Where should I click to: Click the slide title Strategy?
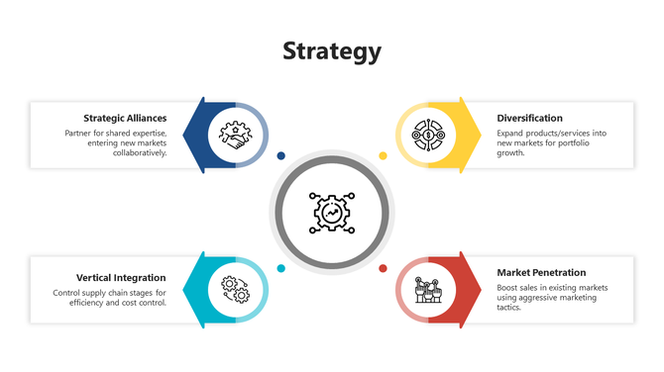331,51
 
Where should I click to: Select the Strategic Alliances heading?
124,119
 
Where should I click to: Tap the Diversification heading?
529,119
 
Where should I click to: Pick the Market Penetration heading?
541,272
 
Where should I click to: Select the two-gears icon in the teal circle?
235,289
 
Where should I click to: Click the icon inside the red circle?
428,289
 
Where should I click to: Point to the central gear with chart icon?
331,211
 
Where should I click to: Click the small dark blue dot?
281,155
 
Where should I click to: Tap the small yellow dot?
383,155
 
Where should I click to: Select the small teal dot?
281,268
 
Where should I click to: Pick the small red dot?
383,268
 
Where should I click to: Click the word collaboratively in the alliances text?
140,153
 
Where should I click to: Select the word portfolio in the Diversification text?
578,143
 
